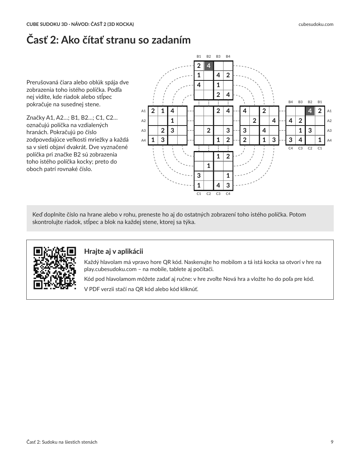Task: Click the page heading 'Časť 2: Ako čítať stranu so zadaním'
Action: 108,40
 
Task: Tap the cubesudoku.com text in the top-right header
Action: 316,24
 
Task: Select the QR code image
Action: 55,268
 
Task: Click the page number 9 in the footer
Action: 332,442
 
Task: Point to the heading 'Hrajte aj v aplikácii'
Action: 113,251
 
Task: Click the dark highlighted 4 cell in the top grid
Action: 209,66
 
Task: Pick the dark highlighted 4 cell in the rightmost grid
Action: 310,111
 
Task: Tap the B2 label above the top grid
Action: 209,56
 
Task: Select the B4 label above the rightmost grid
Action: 291,102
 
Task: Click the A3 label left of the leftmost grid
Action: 144,131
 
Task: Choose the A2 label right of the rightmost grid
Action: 329,121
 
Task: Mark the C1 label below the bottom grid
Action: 199,194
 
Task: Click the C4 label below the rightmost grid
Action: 291,148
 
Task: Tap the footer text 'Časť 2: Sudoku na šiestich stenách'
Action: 62,442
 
